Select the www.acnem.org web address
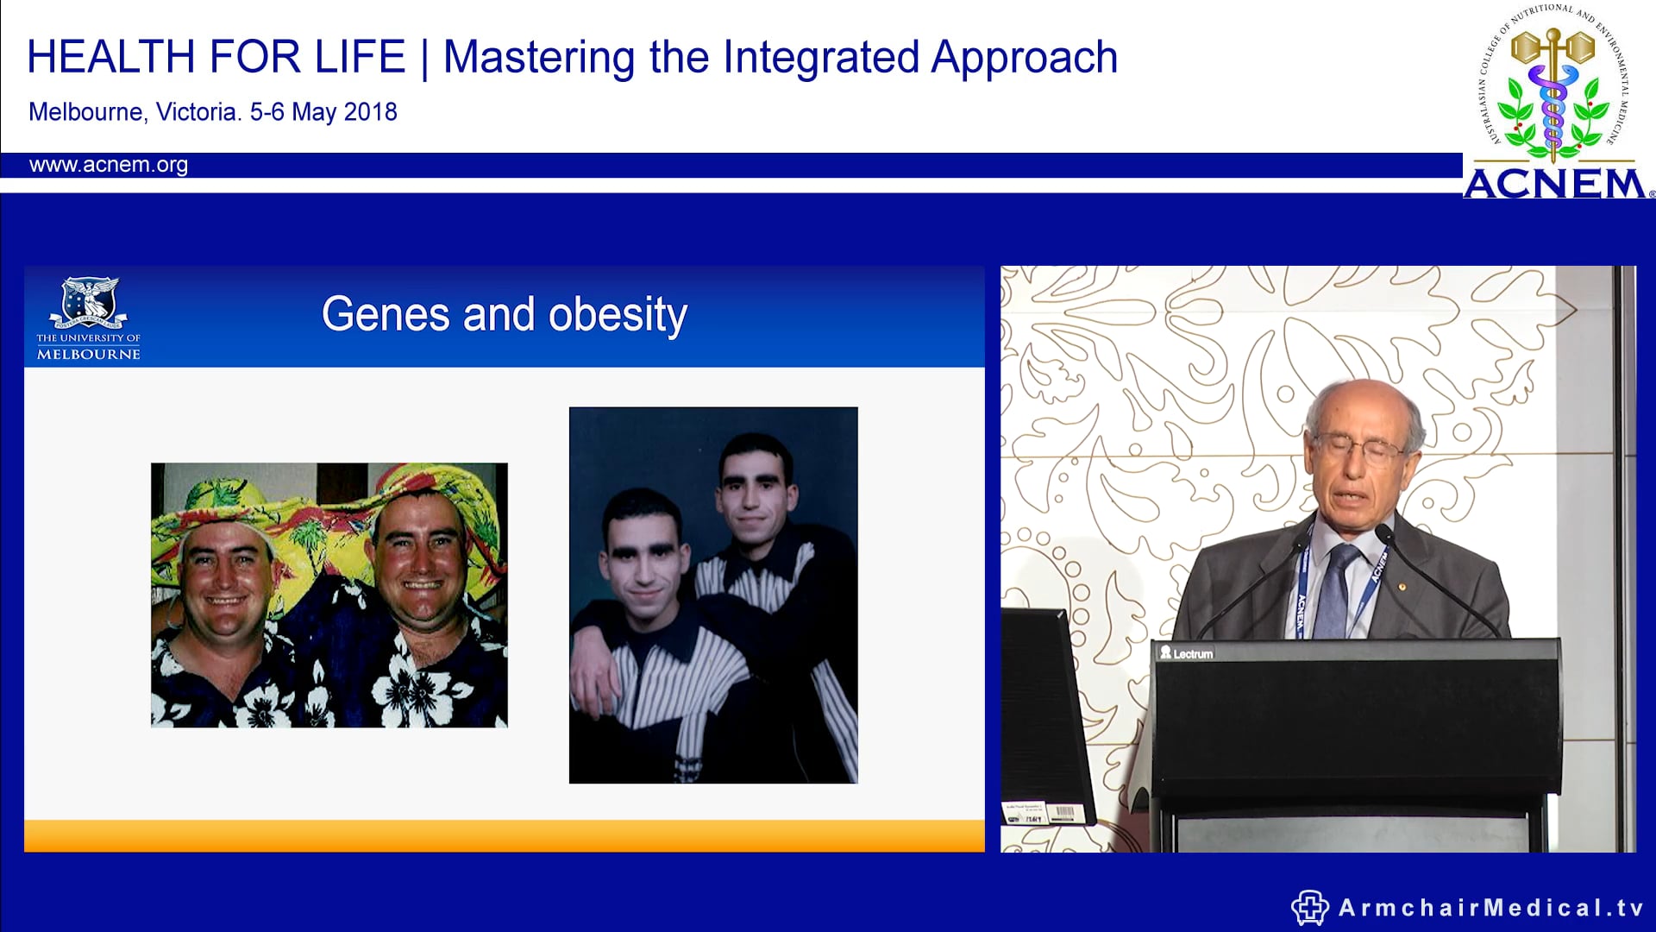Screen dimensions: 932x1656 tap(108, 165)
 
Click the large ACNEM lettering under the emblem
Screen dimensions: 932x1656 tap(1554, 185)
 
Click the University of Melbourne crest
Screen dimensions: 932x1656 tap(89, 302)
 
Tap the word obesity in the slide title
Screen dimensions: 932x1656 tap(618, 314)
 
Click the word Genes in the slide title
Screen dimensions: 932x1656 tap(385, 314)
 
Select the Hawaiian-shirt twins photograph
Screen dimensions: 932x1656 tap(329, 595)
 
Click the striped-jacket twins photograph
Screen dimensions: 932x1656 tap(712, 595)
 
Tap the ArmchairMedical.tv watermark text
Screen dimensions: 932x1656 tap(1490, 908)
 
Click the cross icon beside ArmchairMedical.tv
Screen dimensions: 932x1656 tap(1309, 908)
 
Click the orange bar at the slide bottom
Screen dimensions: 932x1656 tap(504, 835)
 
